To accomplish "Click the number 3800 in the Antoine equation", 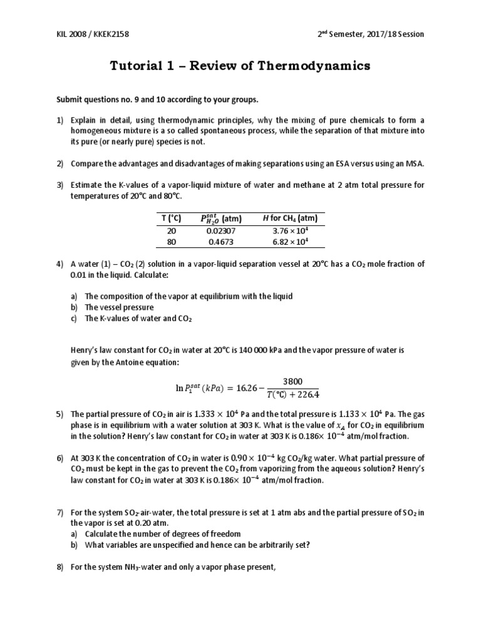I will [x=292, y=381].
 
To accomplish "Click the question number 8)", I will [x=60, y=567].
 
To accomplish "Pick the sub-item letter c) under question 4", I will [x=74, y=319].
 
